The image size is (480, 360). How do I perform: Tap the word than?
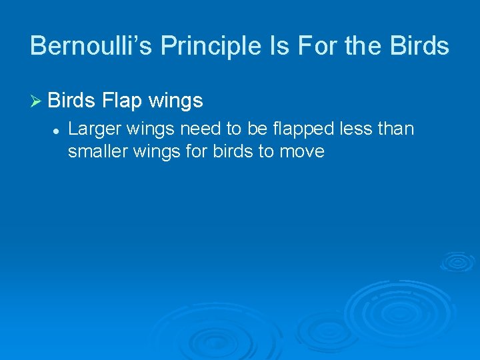(x=395, y=128)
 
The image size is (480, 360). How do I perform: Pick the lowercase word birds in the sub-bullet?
(x=234, y=151)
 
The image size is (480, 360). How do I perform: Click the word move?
(x=301, y=152)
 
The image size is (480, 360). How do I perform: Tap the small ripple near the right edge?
(x=457, y=261)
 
